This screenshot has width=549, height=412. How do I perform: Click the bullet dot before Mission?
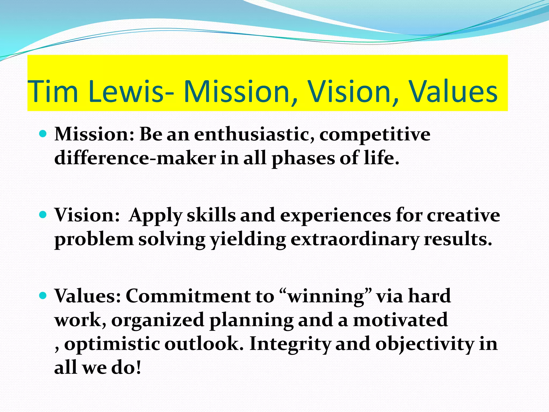pyautogui.click(x=43, y=133)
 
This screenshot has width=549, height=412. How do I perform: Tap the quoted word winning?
pyautogui.click(x=326, y=297)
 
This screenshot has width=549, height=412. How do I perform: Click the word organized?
pyautogui.click(x=158, y=321)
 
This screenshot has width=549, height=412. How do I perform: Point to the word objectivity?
pyautogui.click(x=425, y=344)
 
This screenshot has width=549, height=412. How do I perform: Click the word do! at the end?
pyautogui.click(x=126, y=367)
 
